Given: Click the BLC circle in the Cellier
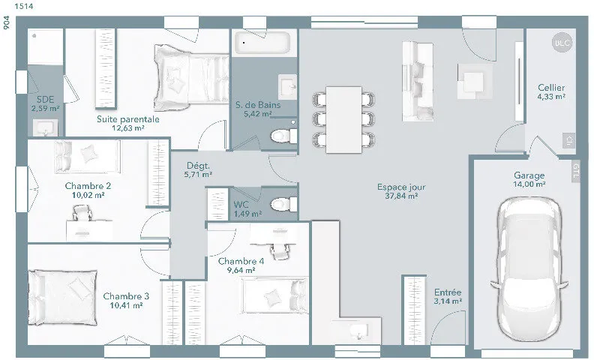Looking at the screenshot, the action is tap(562, 43).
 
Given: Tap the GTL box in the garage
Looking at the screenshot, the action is tap(576, 171).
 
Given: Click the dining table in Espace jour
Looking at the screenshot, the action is tap(343, 119).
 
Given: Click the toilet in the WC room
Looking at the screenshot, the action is tap(283, 204).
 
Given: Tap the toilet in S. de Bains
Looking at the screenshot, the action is tap(283, 136).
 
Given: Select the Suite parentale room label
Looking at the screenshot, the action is tap(128, 119).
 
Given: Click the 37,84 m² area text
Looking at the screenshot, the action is tap(401, 196).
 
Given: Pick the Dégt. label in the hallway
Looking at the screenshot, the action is tap(198, 166).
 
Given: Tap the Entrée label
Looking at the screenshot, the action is tap(448, 292).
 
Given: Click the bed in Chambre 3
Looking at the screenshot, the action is tap(62, 298).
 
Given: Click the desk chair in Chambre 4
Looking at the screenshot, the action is tap(279, 250).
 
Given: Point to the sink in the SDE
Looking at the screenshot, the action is tap(46, 127).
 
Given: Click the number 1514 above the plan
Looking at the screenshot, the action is tap(24, 6).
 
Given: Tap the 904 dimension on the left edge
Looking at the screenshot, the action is tap(7, 22).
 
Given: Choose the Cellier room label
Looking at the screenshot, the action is tap(551, 88).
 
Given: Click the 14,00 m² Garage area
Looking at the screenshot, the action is tap(529, 184).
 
